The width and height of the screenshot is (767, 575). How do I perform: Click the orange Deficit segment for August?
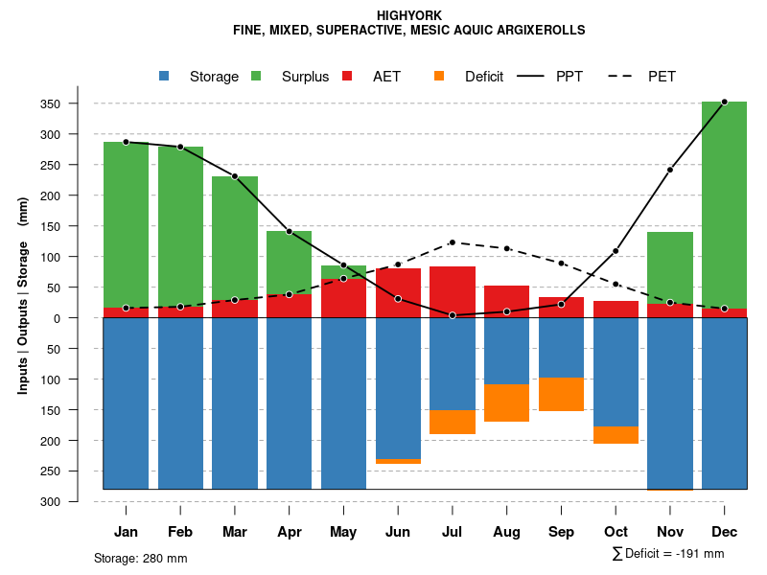point(506,402)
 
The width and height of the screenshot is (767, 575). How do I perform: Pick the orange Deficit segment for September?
point(561,394)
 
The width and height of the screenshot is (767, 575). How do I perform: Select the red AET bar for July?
point(452,291)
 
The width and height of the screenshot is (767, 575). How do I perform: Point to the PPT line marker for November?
point(670,170)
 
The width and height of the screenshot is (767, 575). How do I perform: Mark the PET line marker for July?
point(452,242)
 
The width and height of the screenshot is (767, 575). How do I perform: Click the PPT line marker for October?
point(616,251)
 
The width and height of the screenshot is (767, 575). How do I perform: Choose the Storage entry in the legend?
point(201,77)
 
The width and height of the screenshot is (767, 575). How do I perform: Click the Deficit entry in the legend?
point(470,77)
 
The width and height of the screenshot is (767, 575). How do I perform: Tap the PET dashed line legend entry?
point(642,77)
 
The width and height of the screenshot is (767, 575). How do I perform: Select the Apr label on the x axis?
point(289,532)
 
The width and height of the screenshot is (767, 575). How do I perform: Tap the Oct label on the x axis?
point(616,532)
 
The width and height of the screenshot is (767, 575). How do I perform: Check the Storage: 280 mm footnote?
point(141,558)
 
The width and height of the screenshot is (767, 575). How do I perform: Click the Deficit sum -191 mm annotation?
point(668,554)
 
